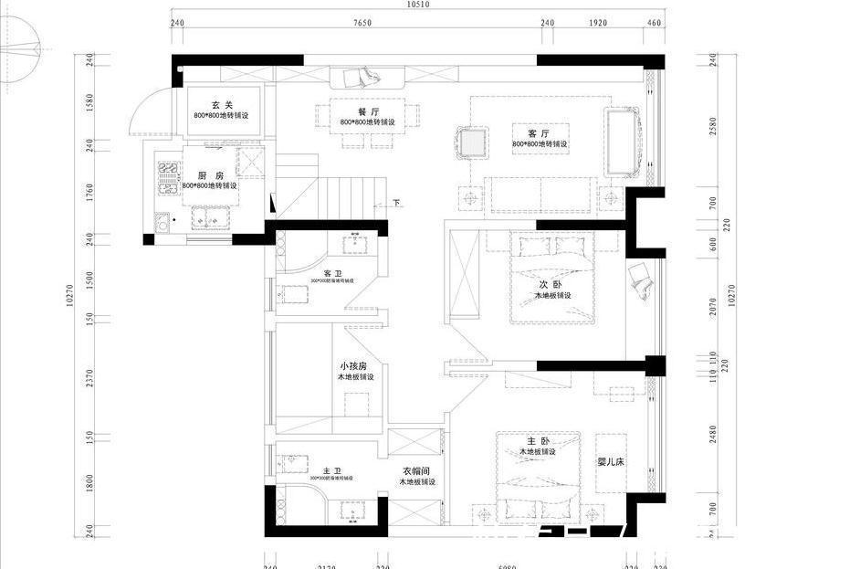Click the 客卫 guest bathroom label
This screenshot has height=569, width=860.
332,273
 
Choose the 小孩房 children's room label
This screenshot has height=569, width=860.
352,365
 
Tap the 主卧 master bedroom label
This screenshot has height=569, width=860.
537,441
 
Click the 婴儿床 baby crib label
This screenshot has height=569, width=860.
610,462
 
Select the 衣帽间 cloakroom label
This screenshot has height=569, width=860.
417,471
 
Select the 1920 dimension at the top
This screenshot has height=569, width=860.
598,23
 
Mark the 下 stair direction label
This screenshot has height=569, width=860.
397,202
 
